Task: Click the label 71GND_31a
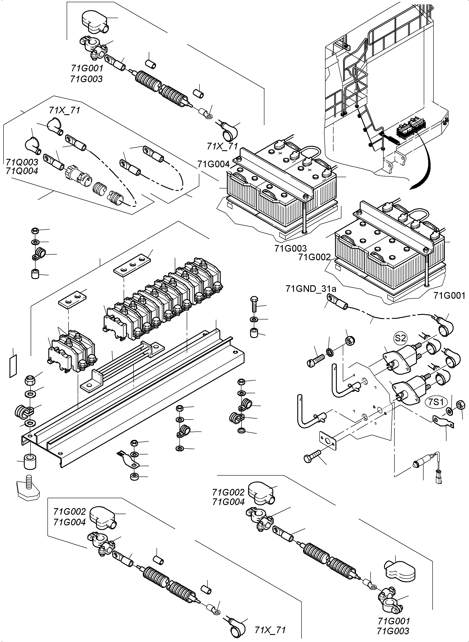coord(311,289)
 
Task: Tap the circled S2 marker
coord(400,338)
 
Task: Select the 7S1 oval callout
coord(436,402)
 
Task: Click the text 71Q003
coord(22,162)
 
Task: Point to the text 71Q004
coord(22,171)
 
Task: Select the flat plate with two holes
coord(72,299)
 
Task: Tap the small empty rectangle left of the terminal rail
coord(13,366)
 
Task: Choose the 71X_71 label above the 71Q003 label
coord(64,110)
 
